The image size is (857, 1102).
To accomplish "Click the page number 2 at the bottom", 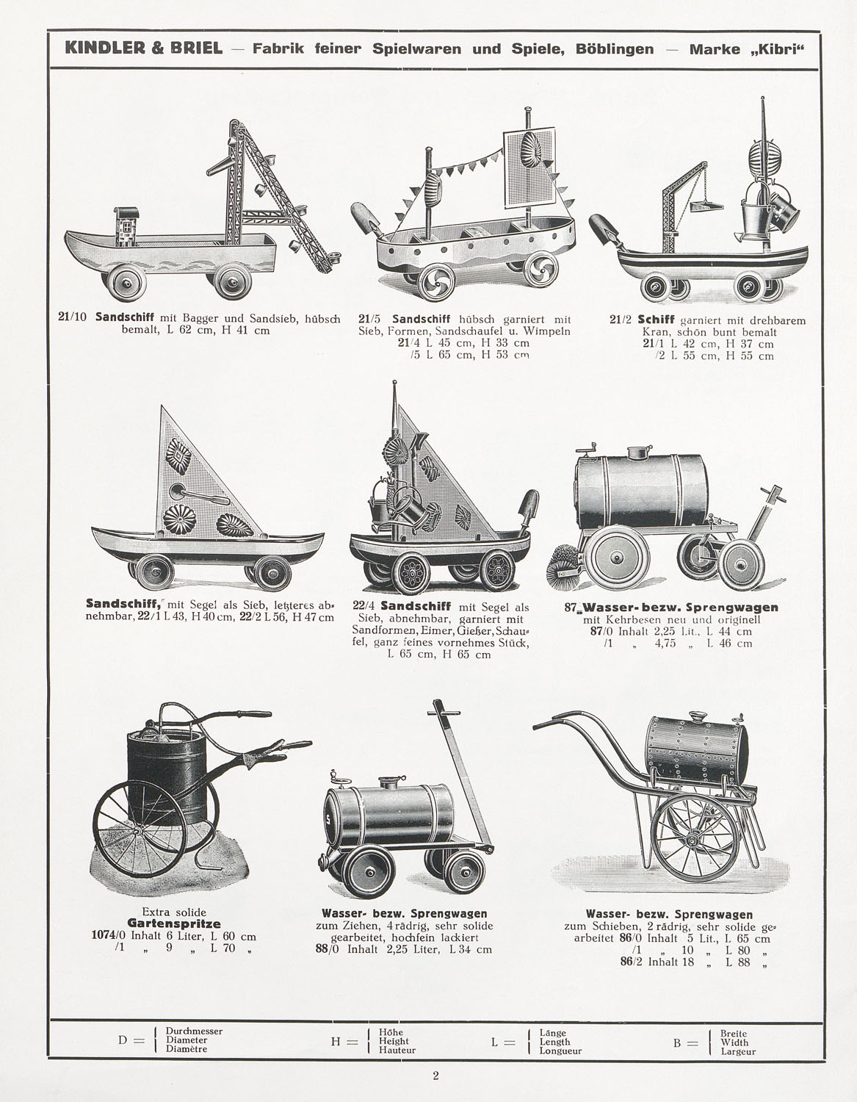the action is pyautogui.click(x=435, y=1075).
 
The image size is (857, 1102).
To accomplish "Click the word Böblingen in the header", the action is pyautogui.click(x=614, y=49).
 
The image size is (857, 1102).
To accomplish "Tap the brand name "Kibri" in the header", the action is pyautogui.click(x=778, y=50).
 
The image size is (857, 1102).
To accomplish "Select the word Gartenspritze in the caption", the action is pyautogui.click(x=174, y=923).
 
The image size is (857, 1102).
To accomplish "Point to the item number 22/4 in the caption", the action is pyautogui.click(x=364, y=607).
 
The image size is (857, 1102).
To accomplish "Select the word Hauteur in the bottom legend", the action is pyautogui.click(x=397, y=1051).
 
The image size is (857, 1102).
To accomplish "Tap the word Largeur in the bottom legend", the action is pyautogui.click(x=738, y=1051).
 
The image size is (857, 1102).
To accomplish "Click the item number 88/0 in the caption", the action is pyautogui.click(x=327, y=949).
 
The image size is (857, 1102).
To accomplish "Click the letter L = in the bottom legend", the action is pyautogui.click(x=503, y=1042).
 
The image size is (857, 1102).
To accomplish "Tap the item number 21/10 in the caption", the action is pyautogui.click(x=73, y=317).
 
